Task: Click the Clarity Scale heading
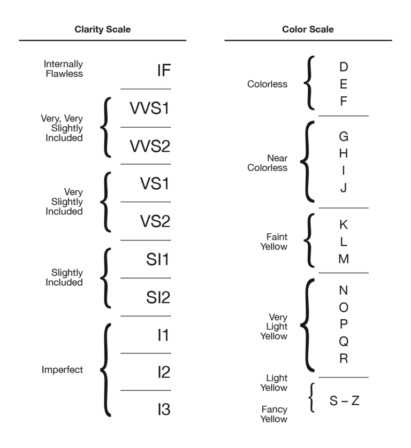coord(102,29)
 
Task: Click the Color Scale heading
coord(308,29)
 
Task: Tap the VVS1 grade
coord(149,108)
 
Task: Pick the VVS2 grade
coord(149,145)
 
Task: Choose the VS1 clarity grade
coord(155,183)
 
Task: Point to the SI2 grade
coord(158,297)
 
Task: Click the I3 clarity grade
coord(163,410)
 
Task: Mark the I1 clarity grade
coord(163,335)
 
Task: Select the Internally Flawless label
coord(63,68)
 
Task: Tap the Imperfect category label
coord(62,370)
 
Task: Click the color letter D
coord(344,67)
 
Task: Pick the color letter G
coord(344,136)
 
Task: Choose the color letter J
coord(344,188)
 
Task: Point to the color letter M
coord(344,259)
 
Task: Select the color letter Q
coord(344,341)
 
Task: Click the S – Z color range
coord(344,400)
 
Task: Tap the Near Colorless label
coord(267,163)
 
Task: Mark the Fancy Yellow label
coord(273,414)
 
